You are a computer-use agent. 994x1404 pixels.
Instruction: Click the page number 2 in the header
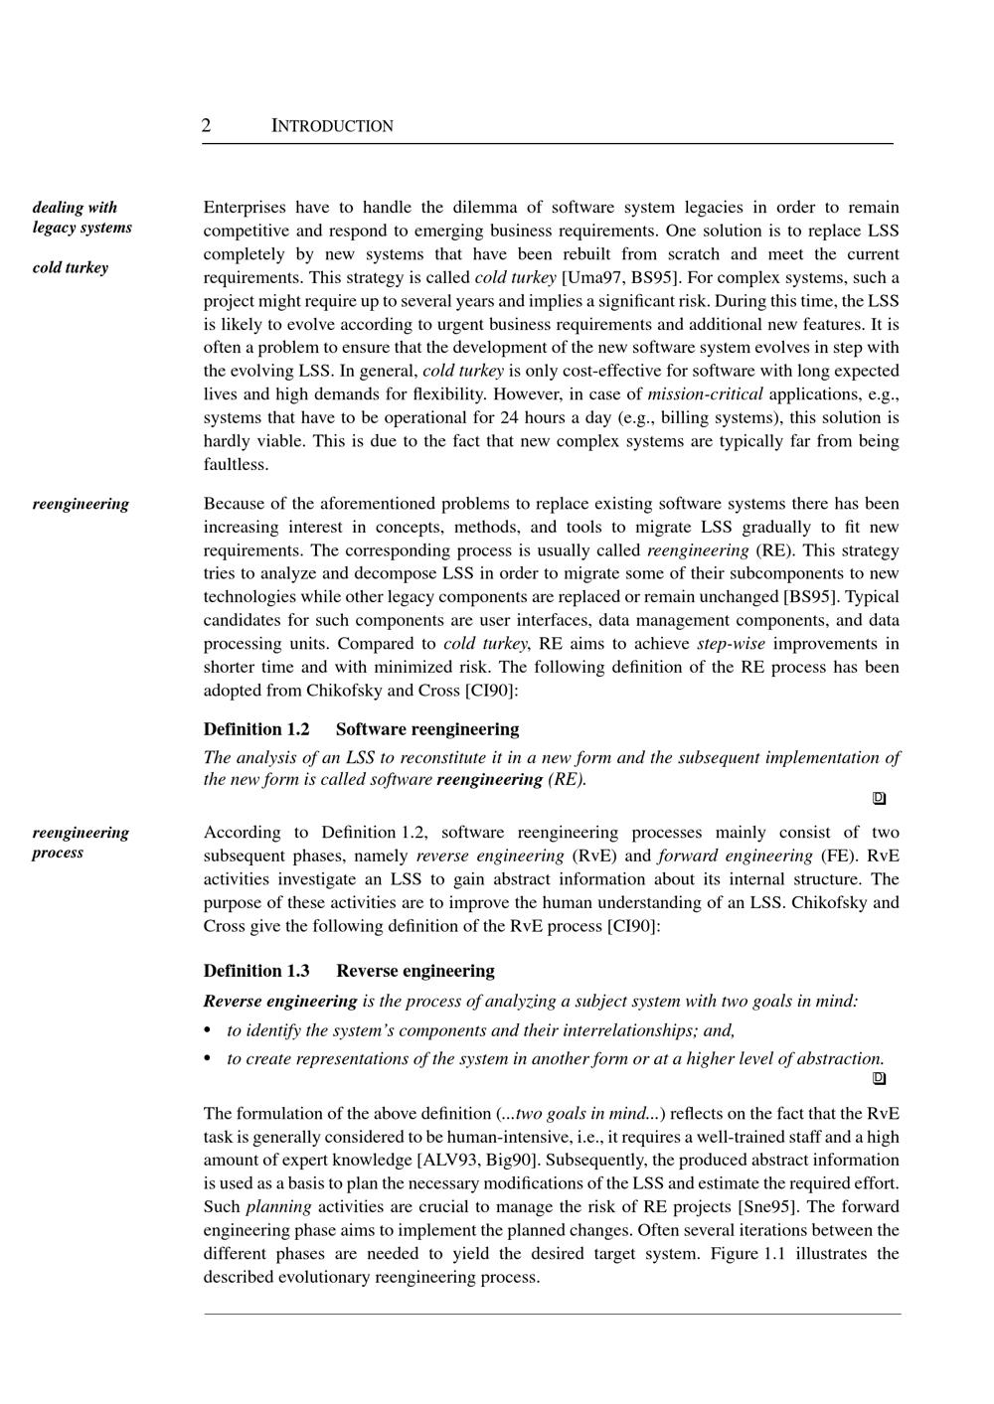pyautogui.click(x=206, y=125)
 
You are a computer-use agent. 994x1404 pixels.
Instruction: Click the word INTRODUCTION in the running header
pyautogui.click(x=332, y=126)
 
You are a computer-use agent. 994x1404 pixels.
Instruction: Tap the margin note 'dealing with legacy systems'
pyautogui.click(x=82, y=217)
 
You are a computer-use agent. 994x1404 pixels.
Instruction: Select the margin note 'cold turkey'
pyautogui.click(x=70, y=267)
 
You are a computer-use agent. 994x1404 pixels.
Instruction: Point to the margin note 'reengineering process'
pyautogui.click(x=81, y=842)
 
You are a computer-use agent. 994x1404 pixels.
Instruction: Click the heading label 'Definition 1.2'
pyautogui.click(x=256, y=729)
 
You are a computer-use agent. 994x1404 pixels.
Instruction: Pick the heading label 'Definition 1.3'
pyautogui.click(x=256, y=971)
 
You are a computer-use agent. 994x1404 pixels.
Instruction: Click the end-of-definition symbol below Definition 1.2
pyautogui.click(x=879, y=798)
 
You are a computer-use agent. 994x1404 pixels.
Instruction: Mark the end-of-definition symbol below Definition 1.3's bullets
pyautogui.click(x=879, y=1078)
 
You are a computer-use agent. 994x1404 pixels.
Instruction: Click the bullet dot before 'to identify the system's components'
pyautogui.click(x=208, y=1030)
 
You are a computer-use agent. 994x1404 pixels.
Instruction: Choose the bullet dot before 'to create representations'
pyautogui.click(x=208, y=1058)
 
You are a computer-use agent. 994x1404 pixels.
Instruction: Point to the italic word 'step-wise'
pyautogui.click(x=731, y=643)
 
